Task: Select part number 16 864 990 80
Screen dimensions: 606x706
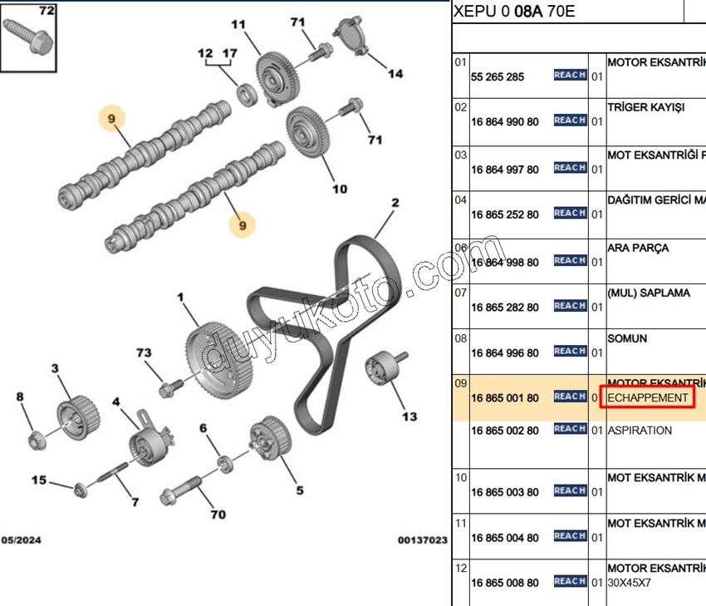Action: [x=504, y=122]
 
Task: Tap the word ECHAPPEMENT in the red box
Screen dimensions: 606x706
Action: [x=648, y=398]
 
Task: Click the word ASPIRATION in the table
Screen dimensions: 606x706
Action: [x=640, y=431]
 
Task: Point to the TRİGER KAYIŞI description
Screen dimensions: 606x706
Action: [x=646, y=108]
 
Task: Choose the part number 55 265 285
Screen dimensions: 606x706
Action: [x=498, y=77]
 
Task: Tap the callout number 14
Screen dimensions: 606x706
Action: [x=395, y=74]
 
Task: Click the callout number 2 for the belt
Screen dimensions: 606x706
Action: [x=395, y=203]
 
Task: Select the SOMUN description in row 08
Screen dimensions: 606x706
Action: [x=627, y=339]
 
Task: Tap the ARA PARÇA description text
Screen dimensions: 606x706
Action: [x=638, y=248]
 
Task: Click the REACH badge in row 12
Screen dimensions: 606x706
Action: [x=571, y=581]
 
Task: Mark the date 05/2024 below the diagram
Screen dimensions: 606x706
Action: [x=20, y=540]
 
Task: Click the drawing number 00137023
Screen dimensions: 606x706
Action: [x=422, y=540]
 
